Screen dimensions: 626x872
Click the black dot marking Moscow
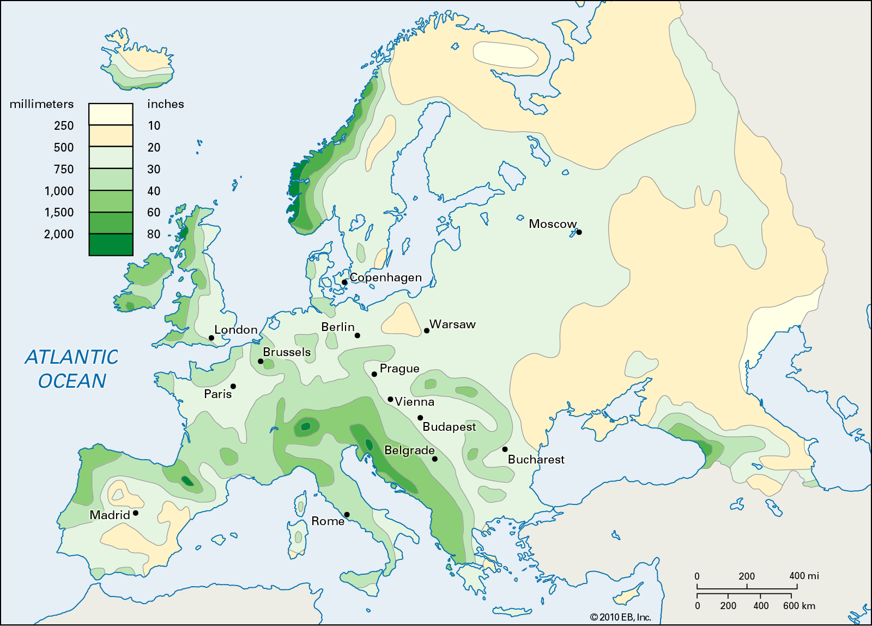(x=579, y=232)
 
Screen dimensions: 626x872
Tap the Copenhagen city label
(x=385, y=277)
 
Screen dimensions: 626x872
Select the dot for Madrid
(x=136, y=513)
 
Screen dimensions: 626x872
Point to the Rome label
(x=328, y=521)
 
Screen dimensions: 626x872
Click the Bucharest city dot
(x=505, y=449)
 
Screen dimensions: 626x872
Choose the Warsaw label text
(x=452, y=324)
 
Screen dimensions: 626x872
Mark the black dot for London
(x=211, y=338)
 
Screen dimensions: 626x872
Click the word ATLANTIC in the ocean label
(x=71, y=357)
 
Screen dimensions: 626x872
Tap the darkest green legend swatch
(x=111, y=244)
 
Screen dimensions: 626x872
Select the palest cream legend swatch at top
(x=111, y=115)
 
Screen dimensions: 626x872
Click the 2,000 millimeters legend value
(x=59, y=234)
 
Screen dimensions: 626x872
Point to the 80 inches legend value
(x=154, y=234)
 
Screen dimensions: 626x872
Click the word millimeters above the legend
(x=41, y=104)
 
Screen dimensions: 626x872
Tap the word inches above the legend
(x=166, y=104)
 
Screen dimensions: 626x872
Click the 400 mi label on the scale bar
(x=804, y=576)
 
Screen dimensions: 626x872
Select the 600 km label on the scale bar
(x=799, y=606)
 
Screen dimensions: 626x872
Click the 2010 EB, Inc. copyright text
(x=621, y=617)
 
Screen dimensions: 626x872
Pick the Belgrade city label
(x=409, y=450)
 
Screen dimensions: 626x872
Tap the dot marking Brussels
(x=261, y=362)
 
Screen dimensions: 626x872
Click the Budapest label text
(x=449, y=426)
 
